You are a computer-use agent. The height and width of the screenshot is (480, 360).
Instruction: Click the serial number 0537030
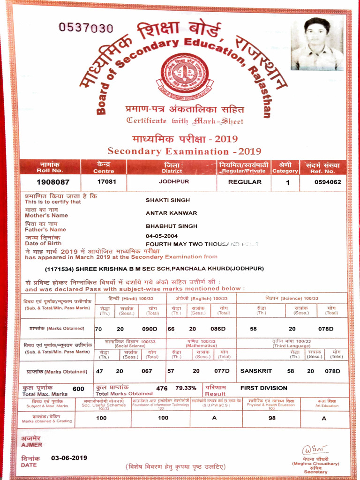86,28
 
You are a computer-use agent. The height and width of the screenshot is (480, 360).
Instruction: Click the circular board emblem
185,73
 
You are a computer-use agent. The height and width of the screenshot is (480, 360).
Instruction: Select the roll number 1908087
53,181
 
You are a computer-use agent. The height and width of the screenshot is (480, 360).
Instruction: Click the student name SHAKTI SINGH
168,200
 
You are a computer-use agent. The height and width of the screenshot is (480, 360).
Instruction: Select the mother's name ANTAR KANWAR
171,213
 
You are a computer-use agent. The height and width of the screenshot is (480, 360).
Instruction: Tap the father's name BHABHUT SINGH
172,226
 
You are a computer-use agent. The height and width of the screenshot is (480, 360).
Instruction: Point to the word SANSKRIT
257,371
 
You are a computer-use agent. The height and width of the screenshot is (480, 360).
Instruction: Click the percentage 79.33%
186,388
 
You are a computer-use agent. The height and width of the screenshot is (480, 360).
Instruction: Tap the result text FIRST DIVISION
263,388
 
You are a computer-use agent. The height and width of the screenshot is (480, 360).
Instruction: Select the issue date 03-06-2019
69,457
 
